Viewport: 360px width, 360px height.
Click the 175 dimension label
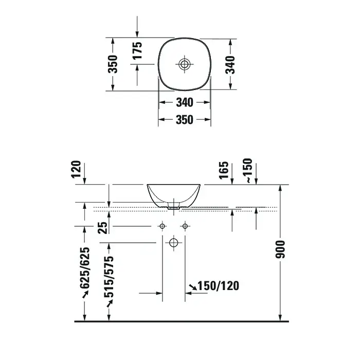(x=137, y=50)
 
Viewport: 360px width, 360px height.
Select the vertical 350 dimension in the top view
(x=113, y=64)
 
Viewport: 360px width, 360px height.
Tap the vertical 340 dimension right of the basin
(x=230, y=65)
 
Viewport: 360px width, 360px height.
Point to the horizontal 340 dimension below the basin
(x=185, y=102)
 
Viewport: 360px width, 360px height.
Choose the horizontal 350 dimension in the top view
(x=185, y=120)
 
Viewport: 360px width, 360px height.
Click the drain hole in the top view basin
(x=184, y=64)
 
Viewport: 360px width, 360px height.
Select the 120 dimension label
(x=76, y=169)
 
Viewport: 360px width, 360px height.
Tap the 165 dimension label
(x=224, y=170)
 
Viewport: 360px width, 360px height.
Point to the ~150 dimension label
(x=249, y=170)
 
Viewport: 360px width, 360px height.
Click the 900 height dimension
(x=280, y=249)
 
